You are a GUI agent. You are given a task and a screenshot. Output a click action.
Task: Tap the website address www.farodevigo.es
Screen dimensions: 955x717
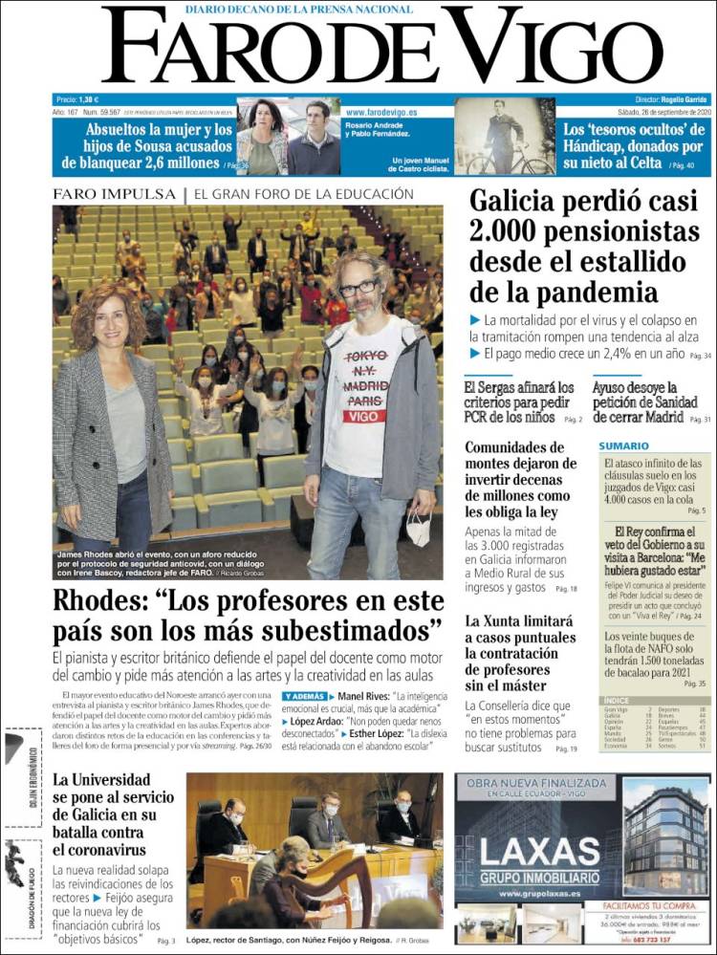coord(381,112)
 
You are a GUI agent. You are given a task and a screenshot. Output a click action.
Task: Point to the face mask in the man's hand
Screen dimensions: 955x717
coord(419,525)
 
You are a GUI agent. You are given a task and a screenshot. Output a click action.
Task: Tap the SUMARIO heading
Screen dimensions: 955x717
coord(623,445)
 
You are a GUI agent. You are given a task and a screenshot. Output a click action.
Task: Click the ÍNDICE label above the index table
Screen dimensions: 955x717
coord(617,701)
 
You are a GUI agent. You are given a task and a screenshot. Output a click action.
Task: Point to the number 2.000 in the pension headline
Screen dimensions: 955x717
coord(508,231)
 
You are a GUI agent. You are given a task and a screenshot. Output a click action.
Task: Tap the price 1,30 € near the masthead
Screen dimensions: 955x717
coord(89,99)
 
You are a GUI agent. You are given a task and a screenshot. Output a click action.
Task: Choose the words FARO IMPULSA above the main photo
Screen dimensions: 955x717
coord(115,194)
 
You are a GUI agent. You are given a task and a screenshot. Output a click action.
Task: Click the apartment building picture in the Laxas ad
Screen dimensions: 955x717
coord(664,839)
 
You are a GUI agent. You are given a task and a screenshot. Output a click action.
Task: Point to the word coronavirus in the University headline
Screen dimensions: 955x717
coord(98,847)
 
